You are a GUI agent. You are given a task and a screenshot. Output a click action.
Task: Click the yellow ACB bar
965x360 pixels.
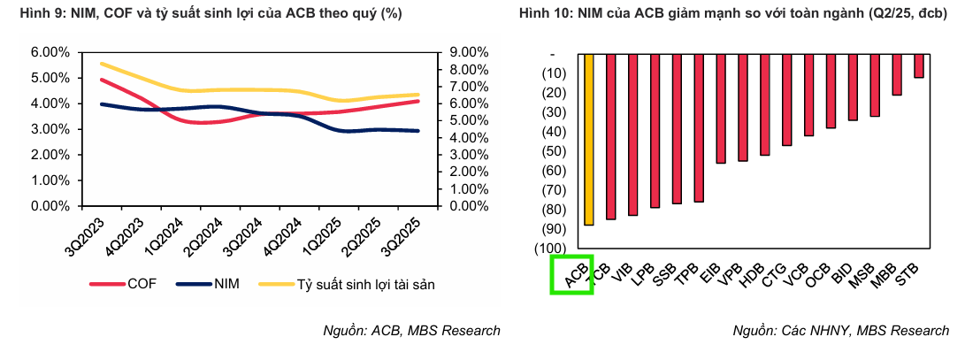pos(589,139)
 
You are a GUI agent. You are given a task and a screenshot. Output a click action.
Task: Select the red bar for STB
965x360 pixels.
pos(919,65)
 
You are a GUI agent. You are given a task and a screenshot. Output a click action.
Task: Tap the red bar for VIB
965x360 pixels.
pos(633,134)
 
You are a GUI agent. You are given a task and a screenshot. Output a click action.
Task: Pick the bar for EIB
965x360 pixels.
pos(721,108)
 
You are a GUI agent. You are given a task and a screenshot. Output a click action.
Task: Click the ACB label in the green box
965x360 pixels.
pos(572,275)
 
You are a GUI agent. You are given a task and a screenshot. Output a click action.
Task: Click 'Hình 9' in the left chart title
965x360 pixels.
pos(27,13)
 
